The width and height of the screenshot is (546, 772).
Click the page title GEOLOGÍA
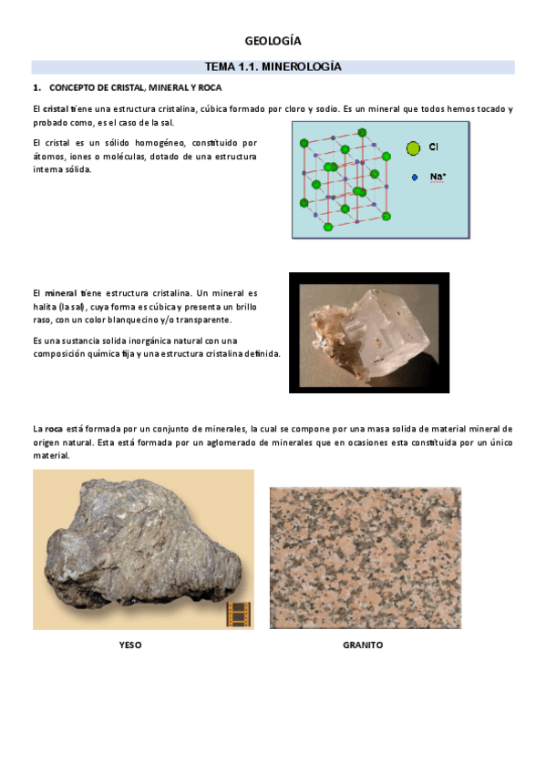[x=273, y=41]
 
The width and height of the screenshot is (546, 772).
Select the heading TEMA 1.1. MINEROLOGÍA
[x=273, y=66]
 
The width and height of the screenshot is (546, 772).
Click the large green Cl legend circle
[x=413, y=147]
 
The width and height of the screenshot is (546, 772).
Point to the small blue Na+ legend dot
[x=415, y=178]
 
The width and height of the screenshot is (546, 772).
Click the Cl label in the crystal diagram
[x=434, y=147]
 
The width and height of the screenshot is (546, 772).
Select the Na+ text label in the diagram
[x=438, y=177]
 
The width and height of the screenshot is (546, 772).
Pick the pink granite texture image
[x=365, y=557]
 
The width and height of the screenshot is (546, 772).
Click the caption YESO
[x=130, y=645]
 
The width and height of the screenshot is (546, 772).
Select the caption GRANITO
[x=363, y=645]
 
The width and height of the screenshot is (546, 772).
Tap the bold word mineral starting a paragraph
[x=60, y=293]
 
